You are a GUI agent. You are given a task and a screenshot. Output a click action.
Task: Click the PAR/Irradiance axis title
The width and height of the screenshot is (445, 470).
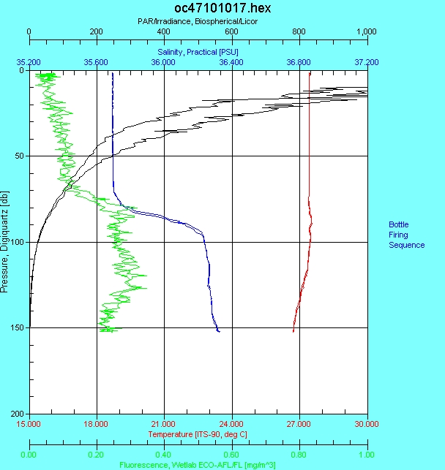pos(197,21)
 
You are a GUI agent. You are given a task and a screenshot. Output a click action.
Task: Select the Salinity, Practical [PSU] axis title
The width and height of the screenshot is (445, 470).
pos(197,52)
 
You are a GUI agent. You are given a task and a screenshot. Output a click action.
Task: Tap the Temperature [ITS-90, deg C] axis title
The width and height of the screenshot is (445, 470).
pos(198,434)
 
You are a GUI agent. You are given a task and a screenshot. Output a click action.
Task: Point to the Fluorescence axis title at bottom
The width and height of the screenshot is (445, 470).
pos(198,465)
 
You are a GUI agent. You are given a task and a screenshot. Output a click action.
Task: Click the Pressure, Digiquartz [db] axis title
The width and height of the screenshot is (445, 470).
pos(5,242)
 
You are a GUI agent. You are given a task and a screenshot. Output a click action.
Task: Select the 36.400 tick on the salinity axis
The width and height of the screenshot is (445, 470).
pos(231,63)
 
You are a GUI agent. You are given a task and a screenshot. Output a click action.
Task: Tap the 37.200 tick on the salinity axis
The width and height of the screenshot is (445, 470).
pos(366,63)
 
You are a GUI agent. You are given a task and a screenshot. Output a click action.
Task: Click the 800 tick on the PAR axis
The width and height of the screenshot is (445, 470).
pos(299,32)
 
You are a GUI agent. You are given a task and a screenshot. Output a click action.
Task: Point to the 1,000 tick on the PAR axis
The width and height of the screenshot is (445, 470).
pos(366,32)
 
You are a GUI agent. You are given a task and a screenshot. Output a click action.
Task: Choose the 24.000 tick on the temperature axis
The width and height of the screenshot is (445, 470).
pos(231,423)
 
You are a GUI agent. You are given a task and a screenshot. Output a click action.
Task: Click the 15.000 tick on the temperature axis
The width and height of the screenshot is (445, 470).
pos(29,423)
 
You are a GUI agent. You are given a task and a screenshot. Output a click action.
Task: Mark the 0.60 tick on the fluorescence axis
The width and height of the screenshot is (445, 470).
pos(231,454)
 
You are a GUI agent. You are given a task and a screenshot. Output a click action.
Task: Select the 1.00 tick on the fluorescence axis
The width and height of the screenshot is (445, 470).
pos(366,454)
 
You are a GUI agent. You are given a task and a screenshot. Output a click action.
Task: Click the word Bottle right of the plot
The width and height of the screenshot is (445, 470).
pos(399,224)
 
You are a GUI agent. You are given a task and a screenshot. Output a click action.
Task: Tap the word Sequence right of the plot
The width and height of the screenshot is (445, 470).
pos(406,245)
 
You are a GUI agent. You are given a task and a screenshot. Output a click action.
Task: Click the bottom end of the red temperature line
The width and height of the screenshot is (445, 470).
pos(293,331)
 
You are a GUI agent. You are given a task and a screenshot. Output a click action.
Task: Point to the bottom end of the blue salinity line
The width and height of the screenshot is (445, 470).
pos(219,331)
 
